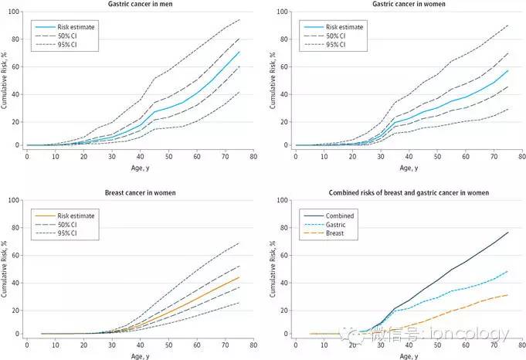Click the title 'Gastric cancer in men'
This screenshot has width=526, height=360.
(141, 4)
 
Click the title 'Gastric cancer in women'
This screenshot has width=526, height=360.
(409, 4)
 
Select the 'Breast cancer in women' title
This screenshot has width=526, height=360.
(141, 193)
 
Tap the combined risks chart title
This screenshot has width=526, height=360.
(409, 193)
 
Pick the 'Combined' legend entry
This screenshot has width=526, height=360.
(340, 216)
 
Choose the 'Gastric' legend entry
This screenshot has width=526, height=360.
(335, 225)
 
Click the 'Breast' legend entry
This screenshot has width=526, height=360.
(334, 233)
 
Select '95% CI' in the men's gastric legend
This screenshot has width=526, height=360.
(67, 45)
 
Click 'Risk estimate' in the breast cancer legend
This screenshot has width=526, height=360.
(76, 216)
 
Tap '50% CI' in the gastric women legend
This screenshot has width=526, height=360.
(336, 36)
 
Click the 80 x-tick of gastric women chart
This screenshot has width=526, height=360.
(522, 156)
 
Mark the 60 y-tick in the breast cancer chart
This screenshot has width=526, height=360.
(15, 255)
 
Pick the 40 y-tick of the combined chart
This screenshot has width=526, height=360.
(284, 283)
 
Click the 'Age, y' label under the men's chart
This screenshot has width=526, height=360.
(141, 168)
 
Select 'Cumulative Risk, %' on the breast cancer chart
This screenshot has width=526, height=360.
(4, 269)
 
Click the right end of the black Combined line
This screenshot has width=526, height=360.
(508, 233)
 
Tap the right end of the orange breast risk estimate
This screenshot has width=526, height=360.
(239, 277)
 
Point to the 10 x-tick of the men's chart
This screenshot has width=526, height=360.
(56, 156)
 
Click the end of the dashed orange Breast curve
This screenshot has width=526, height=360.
(508, 295)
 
